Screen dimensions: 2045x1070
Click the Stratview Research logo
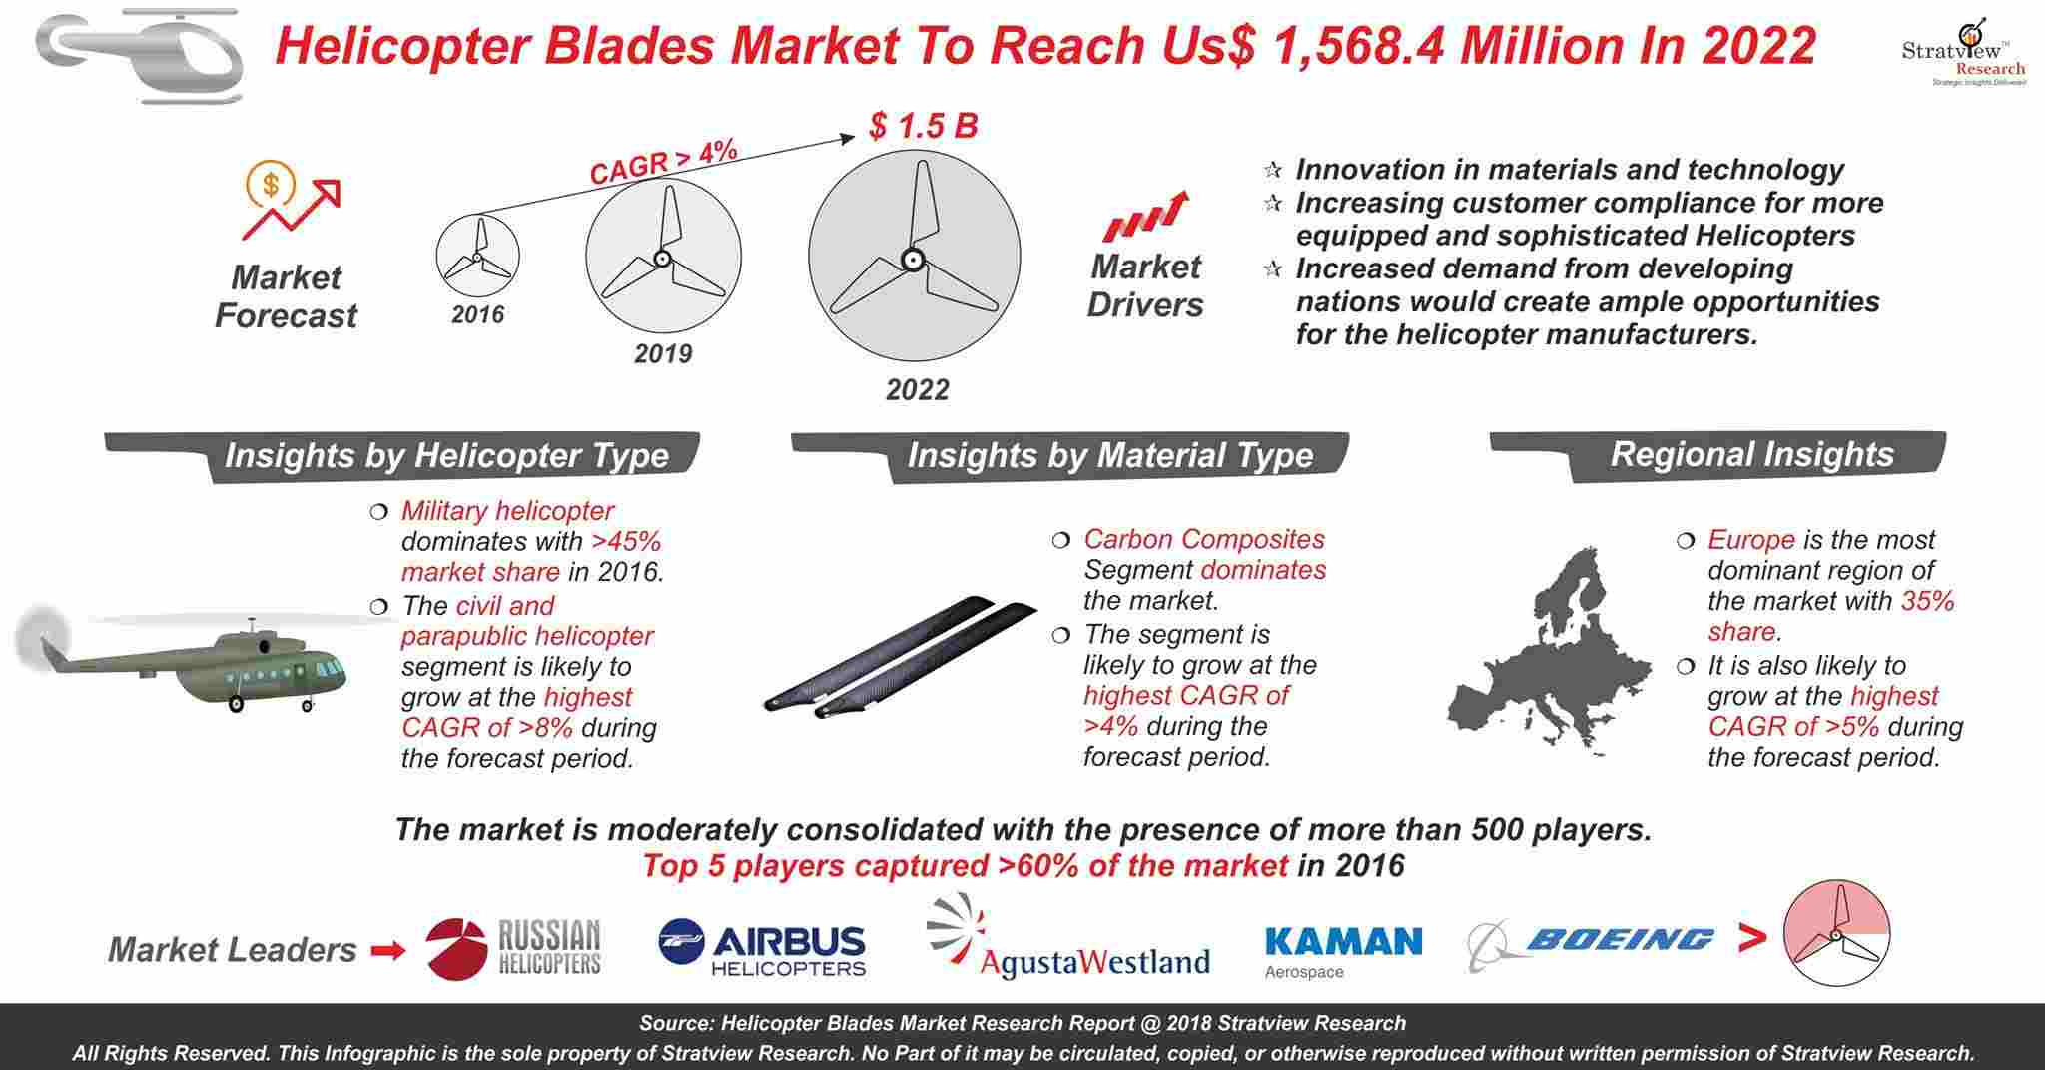point(1963,51)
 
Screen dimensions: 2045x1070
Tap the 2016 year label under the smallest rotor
point(478,315)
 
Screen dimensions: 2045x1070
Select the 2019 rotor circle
point(663,257)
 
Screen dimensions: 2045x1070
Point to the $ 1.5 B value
point(924,126)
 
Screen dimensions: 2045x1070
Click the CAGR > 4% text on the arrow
point(663,162)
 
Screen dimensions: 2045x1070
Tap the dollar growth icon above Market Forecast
point(291,200)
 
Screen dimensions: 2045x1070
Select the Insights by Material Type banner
point(1070,456)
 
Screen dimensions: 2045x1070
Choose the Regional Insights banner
point(1717,455)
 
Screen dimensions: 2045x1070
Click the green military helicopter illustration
point(185,659)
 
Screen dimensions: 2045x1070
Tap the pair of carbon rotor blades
point(899,656)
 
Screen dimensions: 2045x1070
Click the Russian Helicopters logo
point(514,948)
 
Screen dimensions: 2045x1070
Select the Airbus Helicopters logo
point(762,948)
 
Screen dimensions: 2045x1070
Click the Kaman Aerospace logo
point(1343,951)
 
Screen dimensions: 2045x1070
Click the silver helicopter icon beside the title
point(140,55)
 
